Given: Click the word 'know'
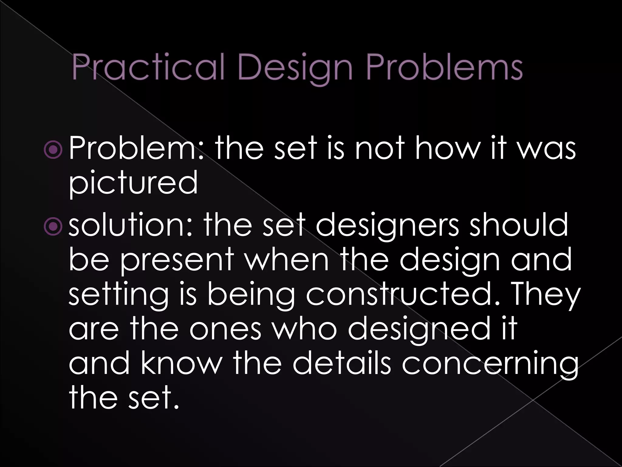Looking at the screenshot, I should pyautogui.click(x=179, y=364).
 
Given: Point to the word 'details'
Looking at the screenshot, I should pyautogui.click(x=341, y=364).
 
